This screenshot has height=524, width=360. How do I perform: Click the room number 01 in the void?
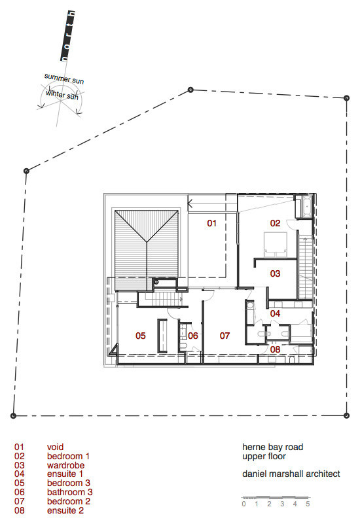[x=211, y=224]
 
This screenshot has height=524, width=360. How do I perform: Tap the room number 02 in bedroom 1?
[x=275, y=224]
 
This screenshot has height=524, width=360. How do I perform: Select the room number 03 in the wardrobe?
[x=275, y=273]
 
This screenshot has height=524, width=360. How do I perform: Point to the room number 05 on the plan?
[x=140, y=336]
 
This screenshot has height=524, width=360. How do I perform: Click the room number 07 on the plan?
[x=225, y=336]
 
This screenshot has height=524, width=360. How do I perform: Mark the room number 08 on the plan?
[x=275, y=350]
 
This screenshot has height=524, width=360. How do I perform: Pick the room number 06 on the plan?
[x=192, y=336]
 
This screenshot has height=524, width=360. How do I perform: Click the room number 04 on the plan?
[x=275, y=314]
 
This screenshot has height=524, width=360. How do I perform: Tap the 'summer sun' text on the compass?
[x=63, y=79]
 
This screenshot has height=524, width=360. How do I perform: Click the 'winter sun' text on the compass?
[x=62, y=96]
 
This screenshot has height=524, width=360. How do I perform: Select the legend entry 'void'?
[x=56, y=447]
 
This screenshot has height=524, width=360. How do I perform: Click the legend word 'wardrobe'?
[x=65, y=466]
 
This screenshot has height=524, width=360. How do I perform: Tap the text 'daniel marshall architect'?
[x=291, y=474]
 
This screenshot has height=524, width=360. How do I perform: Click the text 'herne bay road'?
[x=272, y=447]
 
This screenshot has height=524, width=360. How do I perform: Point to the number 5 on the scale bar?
[x=307, y=504]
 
